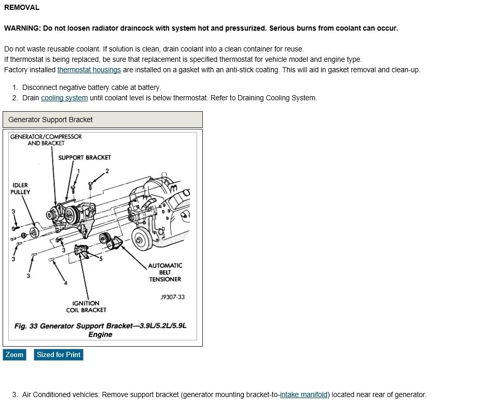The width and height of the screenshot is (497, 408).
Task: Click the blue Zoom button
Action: coord(15,354)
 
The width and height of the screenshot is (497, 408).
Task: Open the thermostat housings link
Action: coord(89,70)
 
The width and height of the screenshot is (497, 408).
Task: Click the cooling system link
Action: coord(64,98)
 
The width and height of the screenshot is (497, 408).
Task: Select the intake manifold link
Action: coord(303,394)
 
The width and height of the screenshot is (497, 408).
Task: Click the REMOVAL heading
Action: coord(22,7)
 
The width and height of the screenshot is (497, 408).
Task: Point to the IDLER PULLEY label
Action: coord(20,189)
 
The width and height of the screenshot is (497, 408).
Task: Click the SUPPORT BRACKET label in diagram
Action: coord(85,157)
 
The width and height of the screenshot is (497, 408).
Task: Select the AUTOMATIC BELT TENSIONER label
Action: coord(165,272)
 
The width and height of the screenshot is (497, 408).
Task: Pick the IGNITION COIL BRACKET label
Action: coord(86,307)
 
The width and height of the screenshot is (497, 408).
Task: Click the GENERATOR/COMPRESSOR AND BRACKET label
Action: coord(46,140)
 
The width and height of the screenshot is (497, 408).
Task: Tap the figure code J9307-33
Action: coord(173,297)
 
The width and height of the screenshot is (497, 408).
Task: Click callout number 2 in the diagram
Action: coord(107,171)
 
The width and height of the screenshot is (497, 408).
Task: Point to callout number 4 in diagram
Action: coord(65,283)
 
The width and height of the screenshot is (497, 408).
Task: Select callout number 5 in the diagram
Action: coord(101,258)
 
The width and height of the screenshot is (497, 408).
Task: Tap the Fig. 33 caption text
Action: coord(100,330)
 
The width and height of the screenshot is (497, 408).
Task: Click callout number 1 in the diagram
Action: coord(78,171)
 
